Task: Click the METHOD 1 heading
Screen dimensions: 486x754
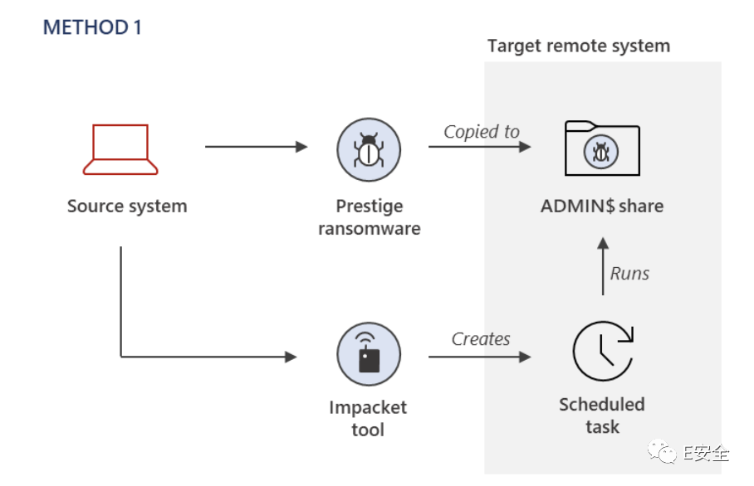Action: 92,27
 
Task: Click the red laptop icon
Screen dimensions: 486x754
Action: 120,150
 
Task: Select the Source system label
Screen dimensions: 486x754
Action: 127,206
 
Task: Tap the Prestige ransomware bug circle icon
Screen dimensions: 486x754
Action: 369,150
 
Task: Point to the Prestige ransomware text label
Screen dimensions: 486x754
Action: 369,217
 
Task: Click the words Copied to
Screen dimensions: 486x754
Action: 481,132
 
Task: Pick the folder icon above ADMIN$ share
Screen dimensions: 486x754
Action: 601,148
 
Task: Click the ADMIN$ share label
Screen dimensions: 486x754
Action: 602,206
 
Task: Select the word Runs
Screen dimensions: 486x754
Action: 629,274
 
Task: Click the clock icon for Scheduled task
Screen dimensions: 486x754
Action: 602,351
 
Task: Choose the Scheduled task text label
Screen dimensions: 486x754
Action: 602,416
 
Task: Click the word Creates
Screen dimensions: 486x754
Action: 481,338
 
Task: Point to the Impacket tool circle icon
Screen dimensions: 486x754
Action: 369,355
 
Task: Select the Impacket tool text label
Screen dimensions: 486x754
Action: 368,418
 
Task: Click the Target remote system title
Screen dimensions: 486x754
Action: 578,46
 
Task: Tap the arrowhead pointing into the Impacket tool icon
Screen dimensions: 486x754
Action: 291,357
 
